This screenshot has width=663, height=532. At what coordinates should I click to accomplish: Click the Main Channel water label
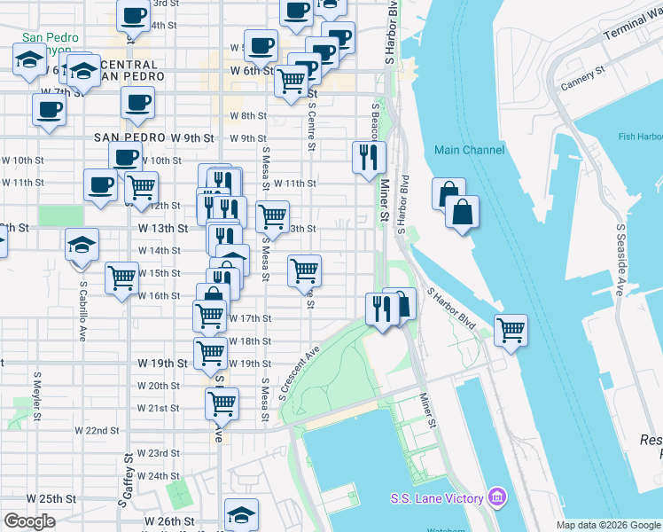(x=470, y=150)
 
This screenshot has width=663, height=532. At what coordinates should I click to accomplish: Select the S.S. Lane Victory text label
(x=438, y=498)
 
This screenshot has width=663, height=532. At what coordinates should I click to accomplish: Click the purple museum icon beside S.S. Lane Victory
(x=498, y=497)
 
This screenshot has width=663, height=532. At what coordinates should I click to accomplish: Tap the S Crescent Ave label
(x=299, y=371)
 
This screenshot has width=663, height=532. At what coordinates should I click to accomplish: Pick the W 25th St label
(x=25, y=499)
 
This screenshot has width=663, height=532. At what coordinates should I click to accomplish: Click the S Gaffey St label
(x=129, y=475)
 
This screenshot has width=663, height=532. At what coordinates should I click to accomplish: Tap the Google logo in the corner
(x=29, y=521)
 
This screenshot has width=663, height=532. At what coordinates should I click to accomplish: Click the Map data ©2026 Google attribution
(x=607, y=525)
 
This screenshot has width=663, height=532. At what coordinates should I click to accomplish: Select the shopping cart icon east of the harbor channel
(x=511, y=330)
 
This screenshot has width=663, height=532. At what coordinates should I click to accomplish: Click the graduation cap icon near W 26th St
(x=241, y=514)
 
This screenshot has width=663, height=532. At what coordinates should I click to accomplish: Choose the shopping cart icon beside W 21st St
(x=222, y=404)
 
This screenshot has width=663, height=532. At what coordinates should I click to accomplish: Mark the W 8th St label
(x=248, y=115)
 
